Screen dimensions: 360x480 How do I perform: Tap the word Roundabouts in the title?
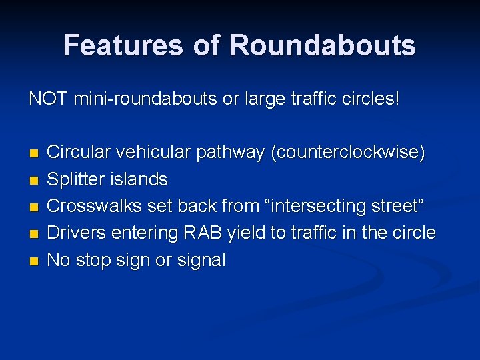pyautogui.click(x=323, y=45)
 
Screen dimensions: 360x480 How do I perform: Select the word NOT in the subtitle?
pyautogui.click(x=49, y=99)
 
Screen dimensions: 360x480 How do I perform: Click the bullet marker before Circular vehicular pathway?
pyautogui.click(x=33, y=153)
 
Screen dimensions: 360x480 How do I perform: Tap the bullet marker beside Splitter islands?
pyautogui.click(x=33, y=180)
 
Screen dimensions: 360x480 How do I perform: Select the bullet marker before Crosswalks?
pyautogui.click(x=33, y=207)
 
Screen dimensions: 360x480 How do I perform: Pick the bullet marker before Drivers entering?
pyautogui.click(x=33, y=233)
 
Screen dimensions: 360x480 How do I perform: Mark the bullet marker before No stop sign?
pyautogui.click(x=33, y=261)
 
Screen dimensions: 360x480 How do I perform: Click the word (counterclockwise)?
pyautogui.click(x=347, y=153)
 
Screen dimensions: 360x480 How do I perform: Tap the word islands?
pyautogui.click(x=141, y=179)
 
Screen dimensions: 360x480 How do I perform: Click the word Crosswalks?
pyautogui.click(x=95, y=206)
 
